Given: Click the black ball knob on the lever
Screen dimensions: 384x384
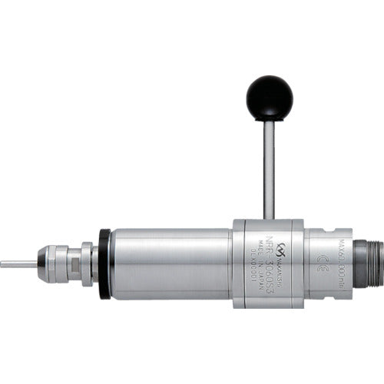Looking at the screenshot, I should pyautogui.click(x=269, y=98).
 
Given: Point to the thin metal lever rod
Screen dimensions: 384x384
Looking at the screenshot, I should pyautogui.click(x=269, y=169).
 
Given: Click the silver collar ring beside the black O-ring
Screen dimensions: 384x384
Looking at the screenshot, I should pyautogui.click(x=89, y=263).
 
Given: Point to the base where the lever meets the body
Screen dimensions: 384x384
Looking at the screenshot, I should pyautogui.click(x=269, y=218).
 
